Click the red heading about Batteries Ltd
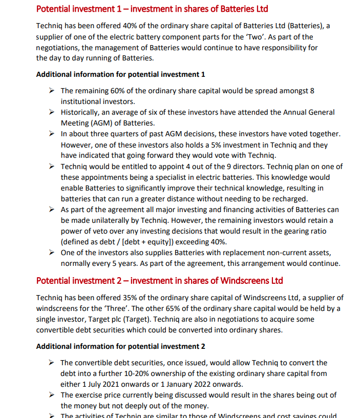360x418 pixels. tap(152, 9)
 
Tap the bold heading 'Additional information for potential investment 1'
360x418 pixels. tap(120, 74)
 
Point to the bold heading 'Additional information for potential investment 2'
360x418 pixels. tap(120, 346)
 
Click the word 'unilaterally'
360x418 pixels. tap(142, 220)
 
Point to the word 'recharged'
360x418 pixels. tap(289, 199)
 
